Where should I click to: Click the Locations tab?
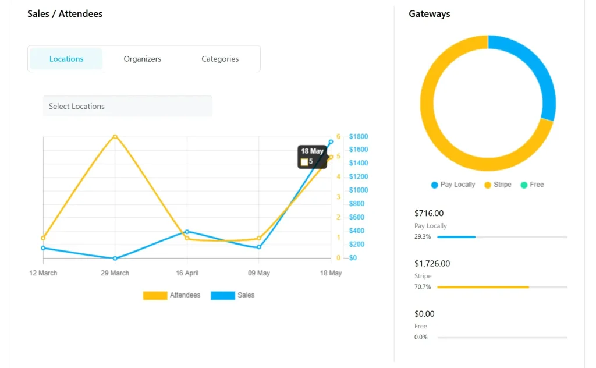(66, 59)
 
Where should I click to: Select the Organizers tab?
(143, 59)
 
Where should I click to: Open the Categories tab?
(220, 59)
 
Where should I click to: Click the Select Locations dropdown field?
(127, 106)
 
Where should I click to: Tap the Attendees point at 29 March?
(115, 137)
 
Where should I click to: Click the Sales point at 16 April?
(187, 232)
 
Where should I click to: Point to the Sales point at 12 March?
(44, 248)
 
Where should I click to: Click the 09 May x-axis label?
(259, 273)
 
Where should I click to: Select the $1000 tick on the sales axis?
(359, 190)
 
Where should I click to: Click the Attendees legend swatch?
(155, 296)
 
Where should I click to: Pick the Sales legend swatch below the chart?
(222, 296)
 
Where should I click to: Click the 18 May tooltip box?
(312, 157)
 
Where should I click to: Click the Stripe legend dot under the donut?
(488, 185)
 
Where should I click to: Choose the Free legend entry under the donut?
(532, 185)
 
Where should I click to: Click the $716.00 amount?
(429, 214)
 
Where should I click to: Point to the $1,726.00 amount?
(432, 264)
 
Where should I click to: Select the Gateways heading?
(430, 14)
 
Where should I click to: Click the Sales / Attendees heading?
(65, 14)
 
